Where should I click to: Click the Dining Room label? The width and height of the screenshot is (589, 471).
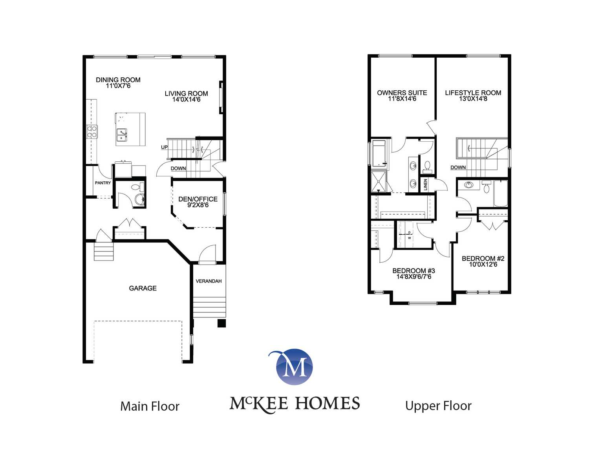click(x=118, y=80)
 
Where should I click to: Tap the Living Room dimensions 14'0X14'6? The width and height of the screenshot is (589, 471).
click(x=187, y=99)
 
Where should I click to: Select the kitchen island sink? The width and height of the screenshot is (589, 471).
click(x=121, y=135)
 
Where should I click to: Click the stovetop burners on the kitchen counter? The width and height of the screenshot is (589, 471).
click(x=92, y=131)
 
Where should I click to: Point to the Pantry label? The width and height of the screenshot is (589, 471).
click(x=103, y=183)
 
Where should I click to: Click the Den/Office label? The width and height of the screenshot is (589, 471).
click(x=198, y=199)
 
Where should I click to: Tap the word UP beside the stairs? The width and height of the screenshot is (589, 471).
click(x=164, y=147)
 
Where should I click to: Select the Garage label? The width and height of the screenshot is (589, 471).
click(x=143, y=288)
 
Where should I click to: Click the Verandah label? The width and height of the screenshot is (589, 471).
click(x=209, y=281)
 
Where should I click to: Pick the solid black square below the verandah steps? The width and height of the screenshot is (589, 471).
click(x=221, y=323)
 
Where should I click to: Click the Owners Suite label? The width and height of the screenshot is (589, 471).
click(x=402, y=93)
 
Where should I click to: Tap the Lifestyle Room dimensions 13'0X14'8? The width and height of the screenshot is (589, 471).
click(x=473, y=99)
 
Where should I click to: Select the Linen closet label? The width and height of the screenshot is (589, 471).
click(x=425, y=185)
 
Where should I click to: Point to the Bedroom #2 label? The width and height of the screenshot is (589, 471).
click(x=483, y=258)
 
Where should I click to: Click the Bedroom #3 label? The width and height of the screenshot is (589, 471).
click(x=413, y=271)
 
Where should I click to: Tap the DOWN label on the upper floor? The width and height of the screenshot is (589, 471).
click(x=458, y=168)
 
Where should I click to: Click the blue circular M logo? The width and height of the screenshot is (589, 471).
click(x=294, y=367)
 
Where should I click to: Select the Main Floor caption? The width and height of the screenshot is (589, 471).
click(x=150, y=406)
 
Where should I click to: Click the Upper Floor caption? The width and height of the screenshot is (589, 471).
click(x=438, y=406)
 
